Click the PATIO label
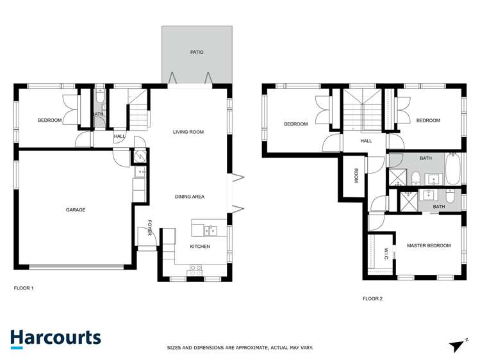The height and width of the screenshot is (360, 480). click(197, 52)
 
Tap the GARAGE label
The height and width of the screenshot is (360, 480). click(75, 209)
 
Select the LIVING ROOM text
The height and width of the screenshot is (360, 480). click(188, 132)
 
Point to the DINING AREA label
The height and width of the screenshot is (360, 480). click(190, 197)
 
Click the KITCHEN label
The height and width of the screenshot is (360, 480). click(199, 246)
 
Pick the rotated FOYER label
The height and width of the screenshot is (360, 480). click(150, 227)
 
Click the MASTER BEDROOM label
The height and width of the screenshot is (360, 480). click(429, 245)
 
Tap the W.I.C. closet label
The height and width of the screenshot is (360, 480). click(387, 255)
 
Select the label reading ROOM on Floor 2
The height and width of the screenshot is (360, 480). click(355, 176)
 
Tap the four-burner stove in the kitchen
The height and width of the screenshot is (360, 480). click(195, 274)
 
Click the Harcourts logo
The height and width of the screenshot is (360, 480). click(55, 338)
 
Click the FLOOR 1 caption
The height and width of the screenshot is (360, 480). click(24, 288)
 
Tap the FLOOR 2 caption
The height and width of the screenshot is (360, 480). click(372, 299)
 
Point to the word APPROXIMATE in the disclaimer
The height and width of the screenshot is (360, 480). click(244, 348)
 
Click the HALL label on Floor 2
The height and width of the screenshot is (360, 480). click(366, 141)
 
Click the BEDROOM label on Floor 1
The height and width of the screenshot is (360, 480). click(49, 120)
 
